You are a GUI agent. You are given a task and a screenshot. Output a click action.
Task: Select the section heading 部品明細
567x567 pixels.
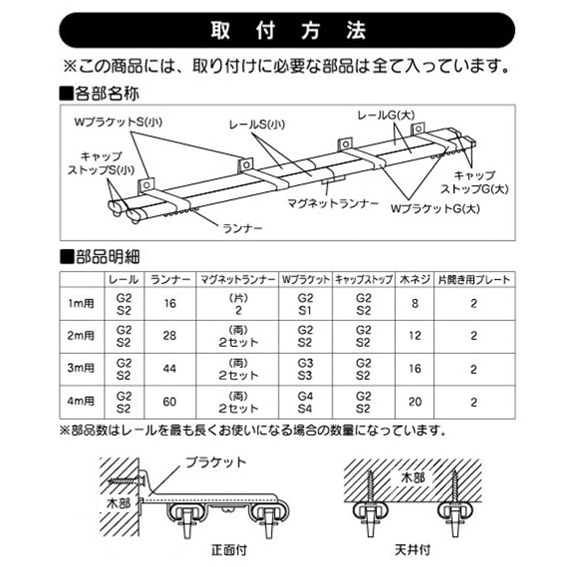(99, 258)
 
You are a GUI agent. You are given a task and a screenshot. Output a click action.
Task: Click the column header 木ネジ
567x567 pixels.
(415, 279)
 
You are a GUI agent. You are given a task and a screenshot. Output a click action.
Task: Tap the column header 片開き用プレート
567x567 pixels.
(473, 279)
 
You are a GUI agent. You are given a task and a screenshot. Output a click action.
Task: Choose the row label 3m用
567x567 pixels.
(81, 369)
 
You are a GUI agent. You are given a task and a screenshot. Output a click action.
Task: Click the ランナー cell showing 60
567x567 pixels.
(168, 402)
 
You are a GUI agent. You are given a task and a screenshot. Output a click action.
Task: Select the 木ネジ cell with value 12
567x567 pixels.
(415, 336)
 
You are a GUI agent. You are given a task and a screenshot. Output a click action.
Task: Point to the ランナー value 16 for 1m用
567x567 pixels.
(168, 304)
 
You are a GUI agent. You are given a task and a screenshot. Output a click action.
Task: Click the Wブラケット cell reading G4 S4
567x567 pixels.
(305, 402)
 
